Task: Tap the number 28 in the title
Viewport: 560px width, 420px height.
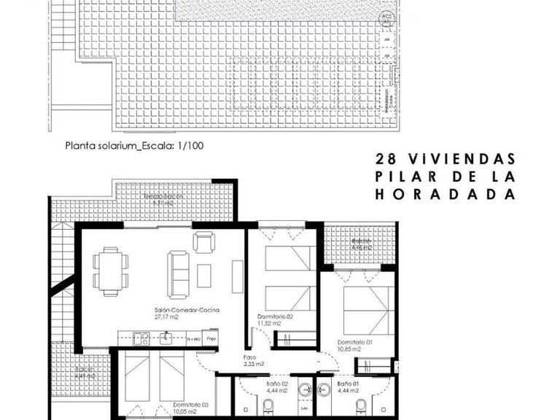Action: [384, 158]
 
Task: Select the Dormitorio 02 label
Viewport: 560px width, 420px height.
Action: [275, 316]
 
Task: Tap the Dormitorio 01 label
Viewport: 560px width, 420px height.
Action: [355, 342]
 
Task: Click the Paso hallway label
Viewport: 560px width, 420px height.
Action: [249, 357]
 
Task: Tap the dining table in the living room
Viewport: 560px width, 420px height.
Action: [110, 271]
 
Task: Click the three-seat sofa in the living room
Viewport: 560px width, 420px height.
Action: [178, 270]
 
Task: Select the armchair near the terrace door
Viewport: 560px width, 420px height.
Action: [203, 241]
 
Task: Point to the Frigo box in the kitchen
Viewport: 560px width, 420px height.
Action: [211, 339]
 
